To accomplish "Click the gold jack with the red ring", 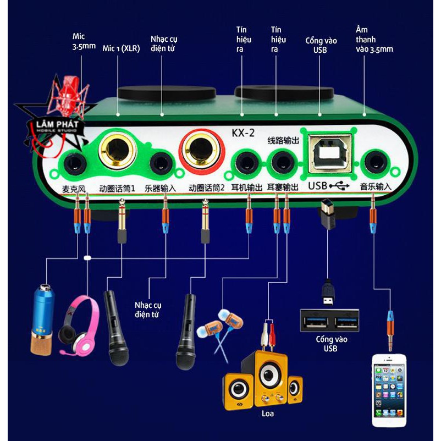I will pyautogui.click(x=202, y=150).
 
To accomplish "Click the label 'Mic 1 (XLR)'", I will pyautogui.click(x=122, y=48).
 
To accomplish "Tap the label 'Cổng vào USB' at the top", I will pyautogui.click(x=321, y=46).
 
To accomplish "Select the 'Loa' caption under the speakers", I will pyautogui.click(x=267, y=413).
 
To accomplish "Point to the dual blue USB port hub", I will pyautogui.click(x=329, y=320).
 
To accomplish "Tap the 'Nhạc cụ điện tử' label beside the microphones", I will pyautogui.click(x=149, y=309).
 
